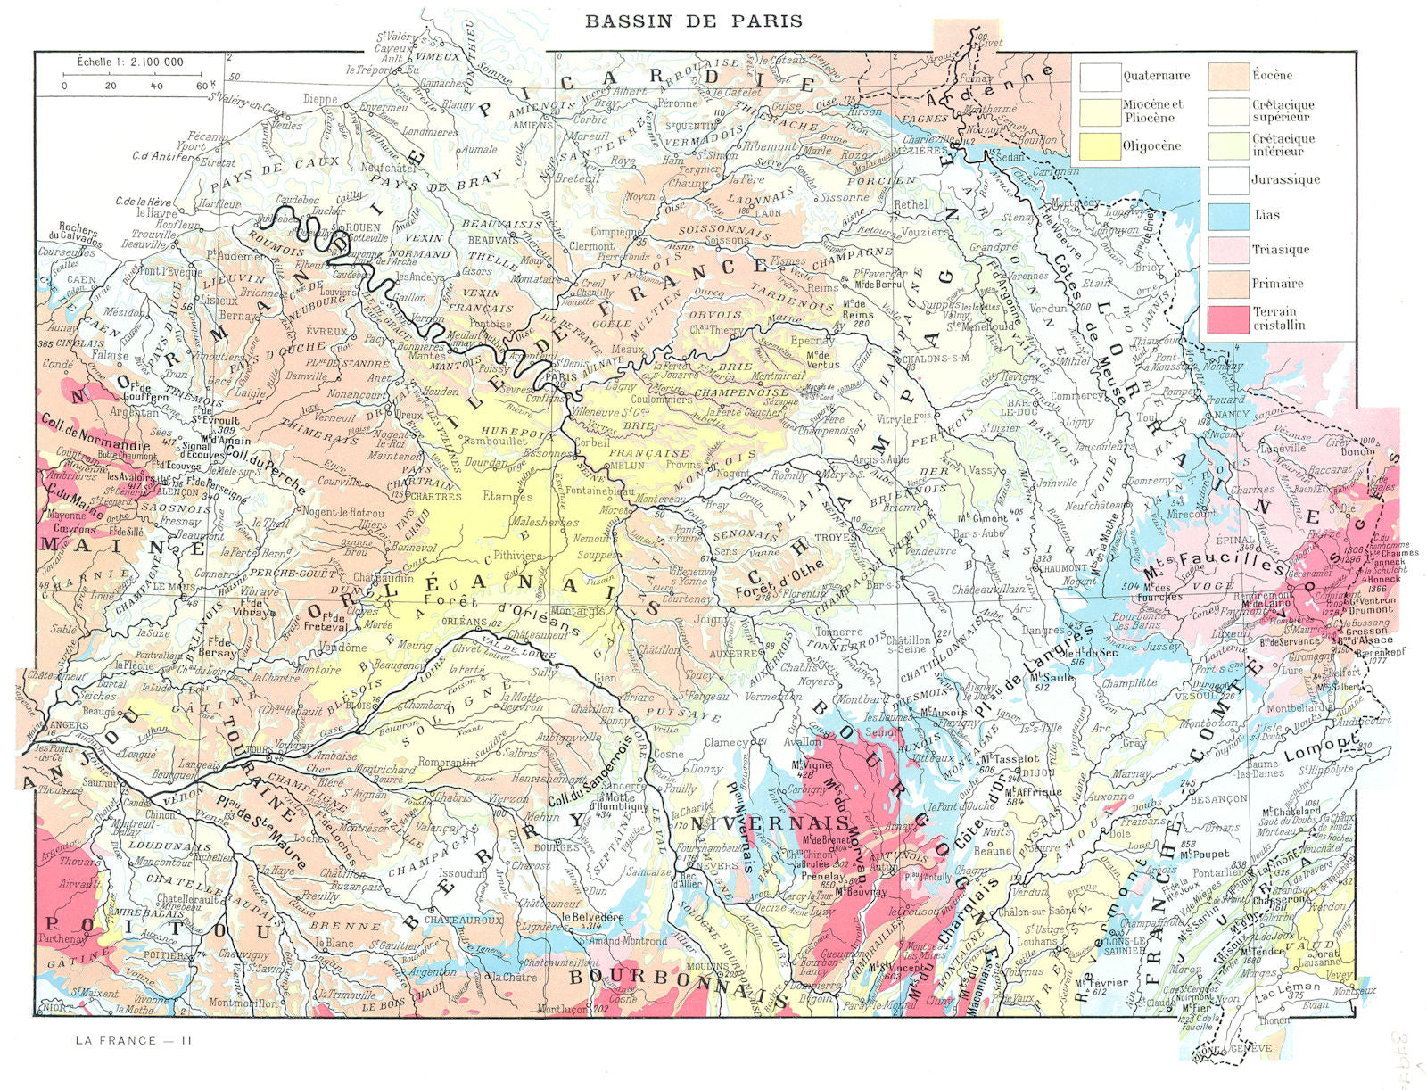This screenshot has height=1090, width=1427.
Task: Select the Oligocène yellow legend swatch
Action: (1099, 145)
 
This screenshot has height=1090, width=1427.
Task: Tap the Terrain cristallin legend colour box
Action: (1226, 318)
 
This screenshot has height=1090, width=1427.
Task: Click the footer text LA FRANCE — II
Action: (134, 1040)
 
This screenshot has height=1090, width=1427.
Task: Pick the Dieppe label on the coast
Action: (320, 99)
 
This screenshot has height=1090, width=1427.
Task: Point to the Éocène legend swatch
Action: (1226, 76)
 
